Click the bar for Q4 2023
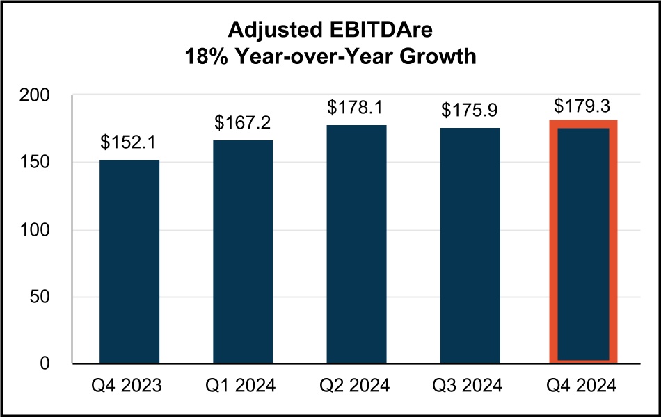129,261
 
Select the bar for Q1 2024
243,252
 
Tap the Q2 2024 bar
356,244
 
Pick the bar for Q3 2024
470,245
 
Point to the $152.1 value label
129,142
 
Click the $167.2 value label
243,123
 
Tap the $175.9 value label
470,111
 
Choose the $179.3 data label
583,106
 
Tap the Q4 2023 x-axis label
129,386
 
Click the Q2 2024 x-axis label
356,386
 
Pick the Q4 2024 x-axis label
583,386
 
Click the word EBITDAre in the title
386,31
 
